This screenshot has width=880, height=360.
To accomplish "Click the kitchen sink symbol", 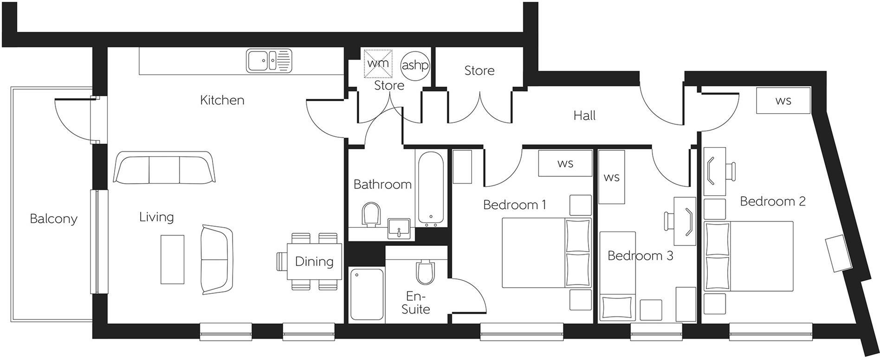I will [x=269, y=61].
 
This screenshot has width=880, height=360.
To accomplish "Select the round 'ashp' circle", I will [x=414, y=65].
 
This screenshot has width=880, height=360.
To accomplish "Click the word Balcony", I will [x=53, y=219].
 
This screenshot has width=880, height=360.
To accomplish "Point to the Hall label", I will [x=584, y=116].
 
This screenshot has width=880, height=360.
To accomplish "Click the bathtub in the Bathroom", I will [x=431, y=189].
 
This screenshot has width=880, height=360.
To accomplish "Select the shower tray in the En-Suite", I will [x=367, y=294].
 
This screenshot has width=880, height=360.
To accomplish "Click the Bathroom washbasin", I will [x=398, y=228].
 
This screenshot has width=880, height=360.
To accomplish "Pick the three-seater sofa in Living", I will [x=164, y=167].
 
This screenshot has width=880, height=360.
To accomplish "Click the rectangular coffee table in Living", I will [x=172, y=259].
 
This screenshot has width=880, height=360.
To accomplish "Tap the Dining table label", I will [x=314, y=262].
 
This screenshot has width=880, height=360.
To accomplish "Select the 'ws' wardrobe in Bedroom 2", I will [x=783, y=101].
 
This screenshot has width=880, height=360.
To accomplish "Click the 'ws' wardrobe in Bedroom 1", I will [x=565, y=163].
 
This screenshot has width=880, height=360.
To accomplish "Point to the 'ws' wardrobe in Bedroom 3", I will [x=611, y=177].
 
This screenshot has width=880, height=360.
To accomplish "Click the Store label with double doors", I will [x=479, y=71].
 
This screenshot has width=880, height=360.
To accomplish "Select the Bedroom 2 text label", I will [x=772, y=201].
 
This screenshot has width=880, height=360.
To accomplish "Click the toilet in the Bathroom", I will [x=371, y=214].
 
